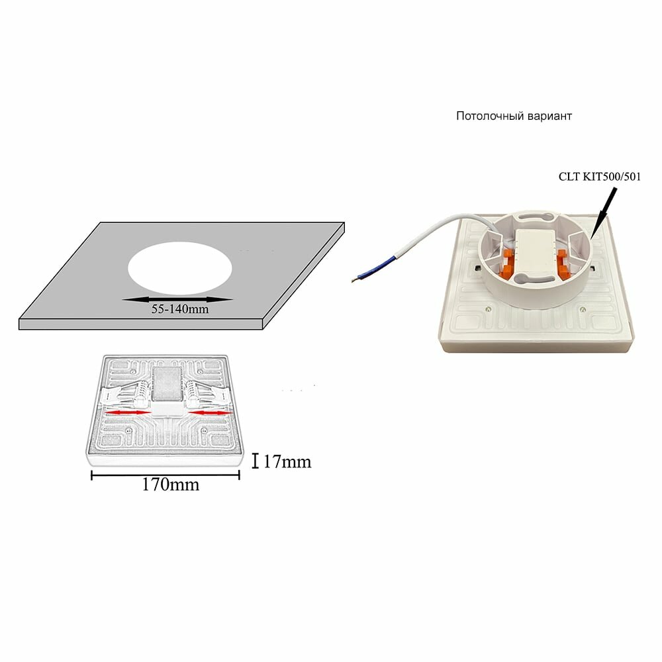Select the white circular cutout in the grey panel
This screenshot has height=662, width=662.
pyautogui.click(x=180, y=272)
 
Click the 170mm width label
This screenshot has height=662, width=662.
pyautogui.click(x=170, y=484)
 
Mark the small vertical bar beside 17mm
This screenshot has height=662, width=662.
pyautogui.click(x=256, y=460)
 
